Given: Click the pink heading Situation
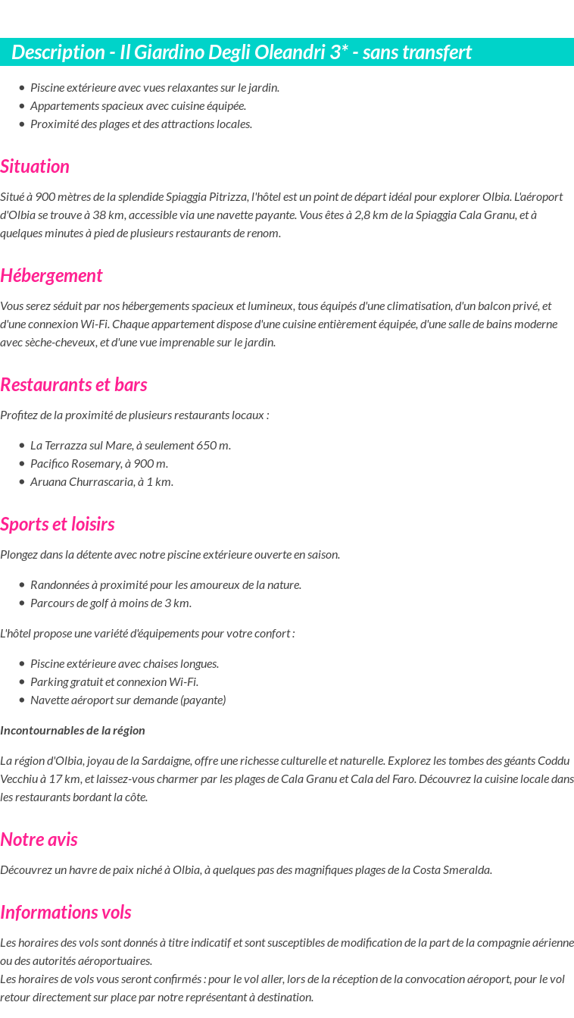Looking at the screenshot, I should tap(35, 167).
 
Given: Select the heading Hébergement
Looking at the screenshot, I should tap(51, 276).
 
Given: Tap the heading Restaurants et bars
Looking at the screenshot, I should tap(73, 385).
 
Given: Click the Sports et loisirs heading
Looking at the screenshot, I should tap(58, 525).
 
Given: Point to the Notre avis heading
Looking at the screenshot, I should tap(39, 840).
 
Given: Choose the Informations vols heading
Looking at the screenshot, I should tap(66, 913).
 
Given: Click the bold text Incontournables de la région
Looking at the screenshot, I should tap(73, 731).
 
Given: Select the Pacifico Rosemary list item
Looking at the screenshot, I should tap(98, 464).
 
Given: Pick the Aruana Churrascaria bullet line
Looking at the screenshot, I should tap(101, 482).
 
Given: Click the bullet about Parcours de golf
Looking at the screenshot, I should tap(111, 603).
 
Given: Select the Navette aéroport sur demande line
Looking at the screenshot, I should tap(128, 700).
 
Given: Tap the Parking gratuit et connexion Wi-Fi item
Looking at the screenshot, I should tap(114, 682).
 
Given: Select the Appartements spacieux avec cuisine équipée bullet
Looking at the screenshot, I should tap(138, 106).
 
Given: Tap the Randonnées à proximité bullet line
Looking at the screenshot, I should tap(166, 585).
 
